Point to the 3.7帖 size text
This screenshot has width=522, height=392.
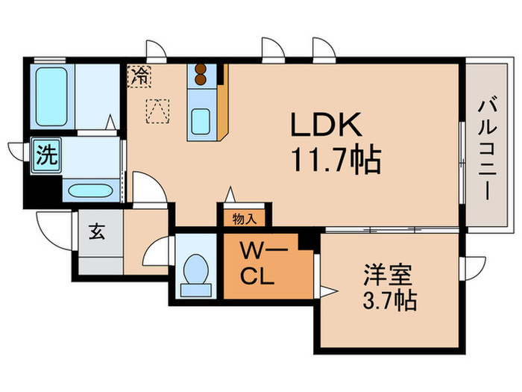pyautogui.click(x=388, y=301)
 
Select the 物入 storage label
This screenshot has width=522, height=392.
pyautogui.click(x=245, y=219)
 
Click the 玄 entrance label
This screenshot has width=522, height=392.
pyautogui.click(x=98, y=231)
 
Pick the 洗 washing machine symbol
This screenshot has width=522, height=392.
pyautogui.click(x=45, y=157)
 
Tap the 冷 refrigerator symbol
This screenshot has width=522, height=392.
pyautogui.click(x=139, y=75)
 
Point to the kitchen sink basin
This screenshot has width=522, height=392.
pyautogui.click(x=199, y=122)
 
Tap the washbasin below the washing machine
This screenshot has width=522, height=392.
pyautogui.click(x=89, y=190)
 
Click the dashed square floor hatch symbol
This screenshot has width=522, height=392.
pyautogui.click(x=157, y=111)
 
